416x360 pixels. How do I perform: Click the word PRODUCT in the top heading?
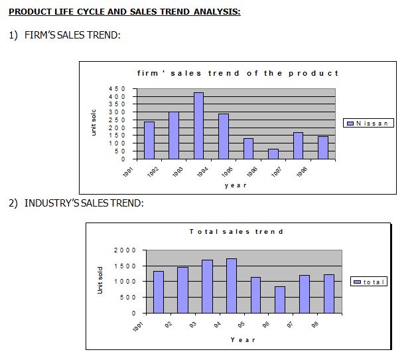click(x=30, y=12)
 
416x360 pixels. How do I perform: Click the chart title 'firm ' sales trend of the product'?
click(x=238, y=73)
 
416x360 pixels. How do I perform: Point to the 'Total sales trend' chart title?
click(x=236, y=232)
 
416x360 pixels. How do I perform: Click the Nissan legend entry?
click(x=369, y=123)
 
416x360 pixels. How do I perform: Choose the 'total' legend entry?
click(x=370, y=282)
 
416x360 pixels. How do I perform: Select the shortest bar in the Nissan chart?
click(x=273, y=154)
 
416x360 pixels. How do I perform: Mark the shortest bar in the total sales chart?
click(x=280, y=300)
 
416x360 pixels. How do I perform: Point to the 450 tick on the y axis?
click(x=117, y=88)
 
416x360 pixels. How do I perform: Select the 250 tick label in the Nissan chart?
click(x=117, y=120)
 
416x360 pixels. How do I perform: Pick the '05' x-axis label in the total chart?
click(x=242, y=325)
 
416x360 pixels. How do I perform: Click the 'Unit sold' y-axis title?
click(x=101, y=280)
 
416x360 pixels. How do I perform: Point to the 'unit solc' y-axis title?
click(x=94, y=123)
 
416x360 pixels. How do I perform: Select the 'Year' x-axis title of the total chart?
click(x=242, y=339)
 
